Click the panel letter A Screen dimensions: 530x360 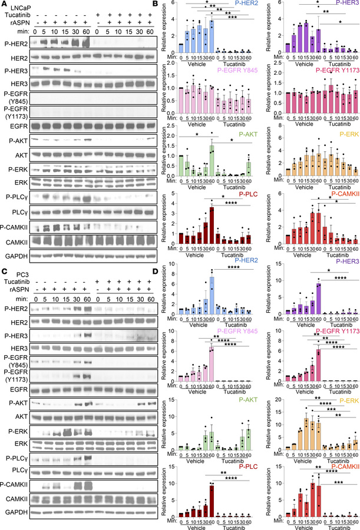pos(4,4)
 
